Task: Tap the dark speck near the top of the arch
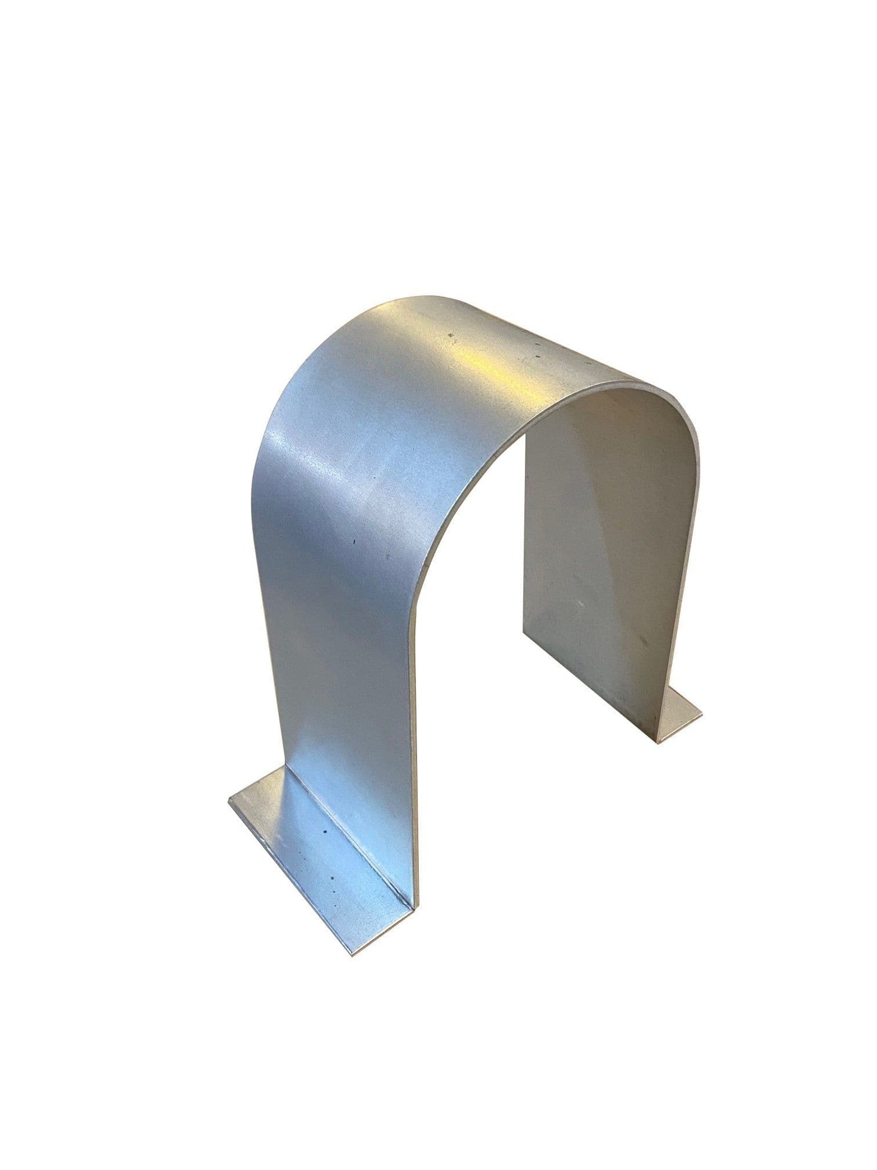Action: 450,333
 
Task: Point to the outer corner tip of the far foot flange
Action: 702,711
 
